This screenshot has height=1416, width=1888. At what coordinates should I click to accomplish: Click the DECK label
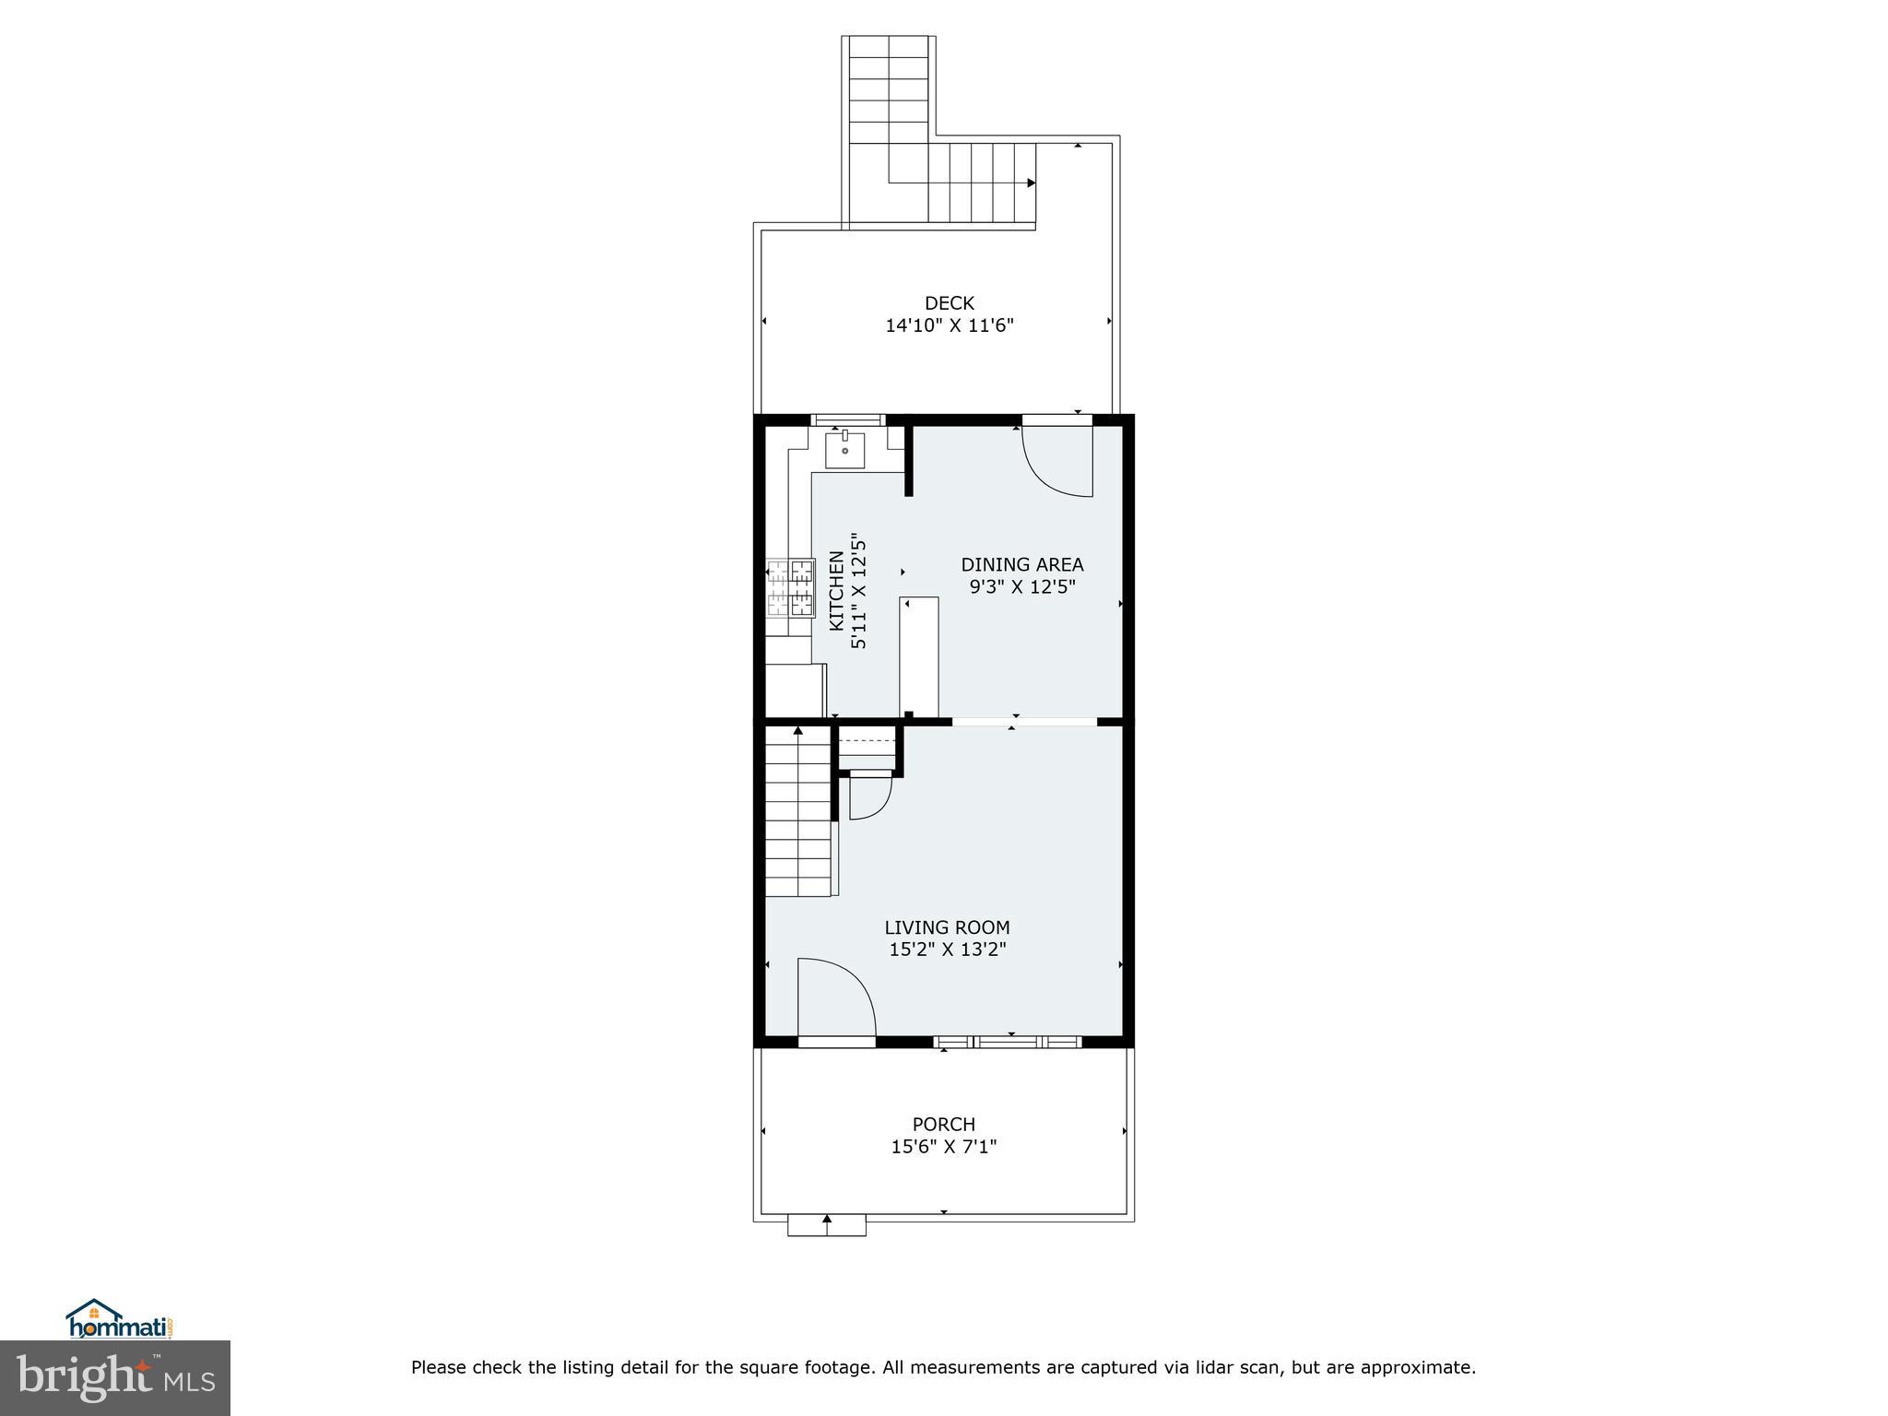point(949,303)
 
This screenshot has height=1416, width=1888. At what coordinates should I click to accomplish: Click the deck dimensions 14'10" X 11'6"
point(949,325)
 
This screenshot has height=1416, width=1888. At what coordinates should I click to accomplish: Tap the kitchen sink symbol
point(844,451)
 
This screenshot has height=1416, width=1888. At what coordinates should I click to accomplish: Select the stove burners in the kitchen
point(791,587)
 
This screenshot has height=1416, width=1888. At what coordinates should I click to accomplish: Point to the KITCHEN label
point(836,590)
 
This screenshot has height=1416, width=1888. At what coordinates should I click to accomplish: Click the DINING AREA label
point(1021,564)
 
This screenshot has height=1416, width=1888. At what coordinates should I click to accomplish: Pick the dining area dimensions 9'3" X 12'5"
point(1021,587)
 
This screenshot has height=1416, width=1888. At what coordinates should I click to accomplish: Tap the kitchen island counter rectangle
point(919,655)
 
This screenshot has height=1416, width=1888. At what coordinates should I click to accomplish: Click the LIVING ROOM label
point(947,927)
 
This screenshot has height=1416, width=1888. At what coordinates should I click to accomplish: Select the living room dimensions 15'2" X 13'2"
point(947,950)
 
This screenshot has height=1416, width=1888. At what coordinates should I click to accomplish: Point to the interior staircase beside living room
point(798,811)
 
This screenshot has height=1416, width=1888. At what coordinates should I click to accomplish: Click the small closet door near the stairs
point(868,796)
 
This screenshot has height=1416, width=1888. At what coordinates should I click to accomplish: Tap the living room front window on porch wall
point(1007,1042)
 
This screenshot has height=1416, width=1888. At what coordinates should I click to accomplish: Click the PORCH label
point(943,1124)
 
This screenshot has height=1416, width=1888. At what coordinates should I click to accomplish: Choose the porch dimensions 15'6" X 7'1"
point(943,1147)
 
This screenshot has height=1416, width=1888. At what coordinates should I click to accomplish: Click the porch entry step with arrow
point(827,1224)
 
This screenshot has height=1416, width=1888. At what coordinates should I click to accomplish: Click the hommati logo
point(119,1319)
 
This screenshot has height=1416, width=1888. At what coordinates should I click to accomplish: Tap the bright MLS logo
point(115,1377)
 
